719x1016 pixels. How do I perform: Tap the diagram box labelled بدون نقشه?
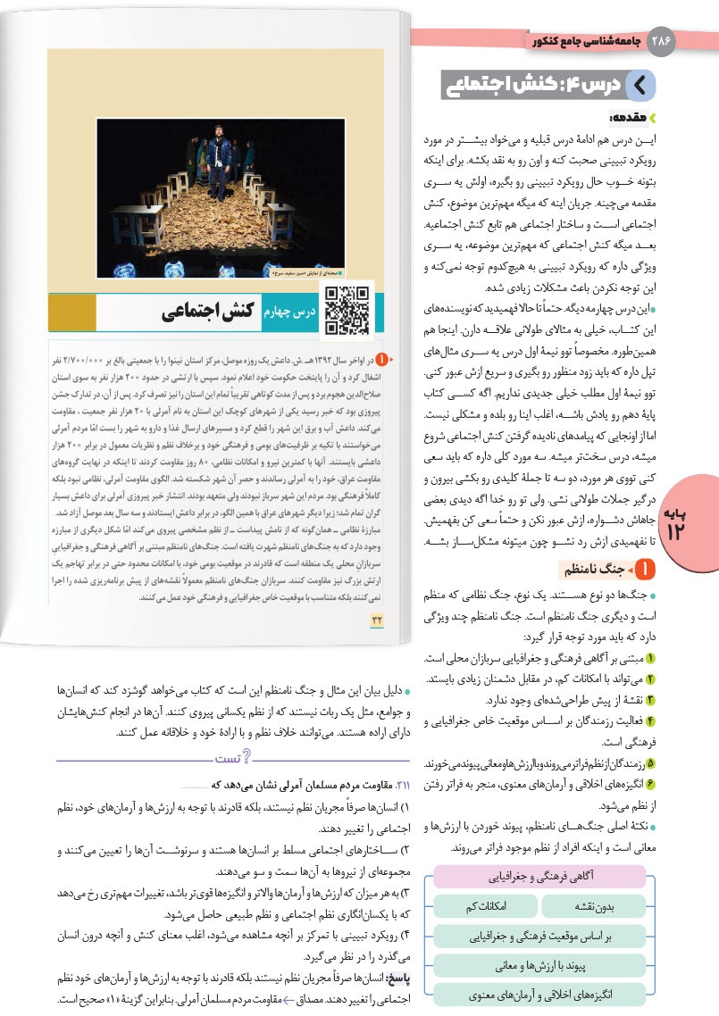(x=596, y=906)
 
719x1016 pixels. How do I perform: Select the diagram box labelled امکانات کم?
(x=485, y=906)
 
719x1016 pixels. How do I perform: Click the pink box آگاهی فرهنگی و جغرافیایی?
(x=540, y=876)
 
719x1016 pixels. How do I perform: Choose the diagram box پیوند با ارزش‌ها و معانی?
(x=540, y=966)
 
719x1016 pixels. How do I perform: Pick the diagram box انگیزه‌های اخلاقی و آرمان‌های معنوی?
(x=540, y=995)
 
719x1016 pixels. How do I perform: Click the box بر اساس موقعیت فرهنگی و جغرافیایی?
(x=540, y=937)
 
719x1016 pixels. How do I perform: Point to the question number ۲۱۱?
(x=394, y=784)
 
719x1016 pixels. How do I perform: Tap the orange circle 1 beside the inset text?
(x=381, y=360)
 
